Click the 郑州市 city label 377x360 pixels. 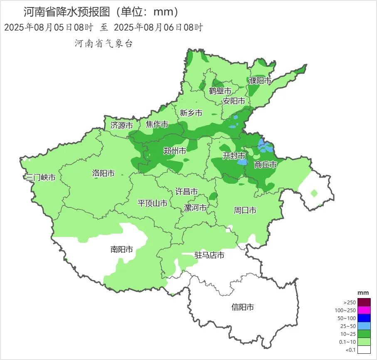[175, 151]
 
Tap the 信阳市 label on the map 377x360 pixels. [242, 307]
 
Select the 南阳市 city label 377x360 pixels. [122, 249]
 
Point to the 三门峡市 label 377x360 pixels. [40, 178]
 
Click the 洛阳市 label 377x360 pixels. [103, 173]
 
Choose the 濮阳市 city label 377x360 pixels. [260, 81]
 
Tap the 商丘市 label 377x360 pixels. [265, 165]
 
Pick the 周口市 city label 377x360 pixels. [245, 210]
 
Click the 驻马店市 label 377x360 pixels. [209, 255]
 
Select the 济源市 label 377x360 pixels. [121, 125]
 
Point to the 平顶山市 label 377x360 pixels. [153, 203]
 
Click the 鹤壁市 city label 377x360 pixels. [220, 91]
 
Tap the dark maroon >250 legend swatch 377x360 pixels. [364, 302]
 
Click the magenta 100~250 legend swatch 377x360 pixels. [364, 310]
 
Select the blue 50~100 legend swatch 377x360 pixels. [364, 318]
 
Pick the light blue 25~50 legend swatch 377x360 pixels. [364, 326]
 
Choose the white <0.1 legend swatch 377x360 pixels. [364, 350]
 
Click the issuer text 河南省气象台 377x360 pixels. [103, 43]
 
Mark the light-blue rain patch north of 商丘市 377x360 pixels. [265, 146]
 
